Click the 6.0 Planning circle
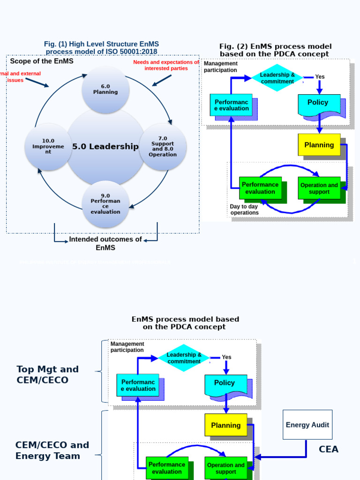click(x=105, y=89)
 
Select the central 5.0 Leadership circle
click(x=105, y=146)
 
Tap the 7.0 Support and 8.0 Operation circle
click(x=163, y=146)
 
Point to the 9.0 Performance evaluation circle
click(x=105, y=204)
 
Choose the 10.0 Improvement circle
click(x=48, y=146)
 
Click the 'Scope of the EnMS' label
click(x=42, y=61)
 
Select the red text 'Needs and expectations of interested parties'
click(x=166, y=65)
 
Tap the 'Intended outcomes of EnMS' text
click(x=105, y=243)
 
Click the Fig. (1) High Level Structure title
click(x=102, y=48)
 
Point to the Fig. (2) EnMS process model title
click(x=275, y=50)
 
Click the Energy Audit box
click(x=307, y=425)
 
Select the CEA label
click(x=329, y=449)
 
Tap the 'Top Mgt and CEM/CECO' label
click(x=47, y=375)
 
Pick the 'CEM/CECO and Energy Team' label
click(x=52, y=450)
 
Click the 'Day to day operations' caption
click(x=244, y=210)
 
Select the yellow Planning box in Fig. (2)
click(x=319, y=145)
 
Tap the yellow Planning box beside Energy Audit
click(x=226, y=425)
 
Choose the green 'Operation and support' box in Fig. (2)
click(x=319, y=188)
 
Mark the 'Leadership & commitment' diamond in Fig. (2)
click(x=277, y=78)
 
